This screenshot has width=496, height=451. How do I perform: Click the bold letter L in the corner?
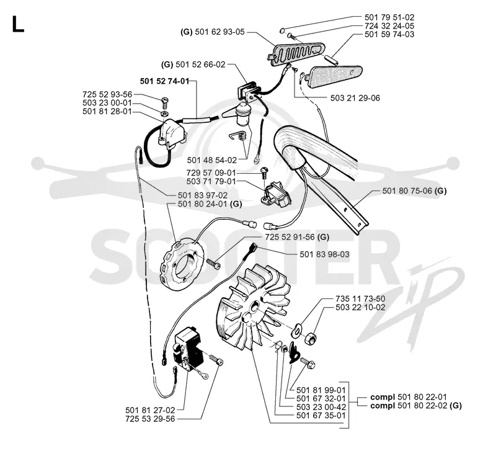pyautogui.click(x=18, y=24)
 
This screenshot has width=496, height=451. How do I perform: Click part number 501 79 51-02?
pyautogui.click(x=389, y=17)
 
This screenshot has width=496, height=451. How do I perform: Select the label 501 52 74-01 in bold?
pyautogui.click(x=164, y=81)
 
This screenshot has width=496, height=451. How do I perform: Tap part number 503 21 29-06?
pyautogui.click(x=355, y=98)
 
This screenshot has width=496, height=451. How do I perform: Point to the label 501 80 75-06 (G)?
pyautogui.click(x=414, y=191)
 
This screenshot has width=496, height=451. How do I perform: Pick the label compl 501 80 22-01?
pyautogui.click(x=409, y=397)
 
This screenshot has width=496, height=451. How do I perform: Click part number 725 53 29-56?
pyautogui.click(x=150, y=419)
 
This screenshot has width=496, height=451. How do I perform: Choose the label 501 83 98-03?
pyautogui.click(x=324, y=254)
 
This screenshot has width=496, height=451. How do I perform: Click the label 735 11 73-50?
pyautogui.click(x=360, y=299)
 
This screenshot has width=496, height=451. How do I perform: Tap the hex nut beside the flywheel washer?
pyautogui.click(x=311, y=338)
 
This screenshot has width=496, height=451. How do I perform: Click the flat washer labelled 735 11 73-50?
pyautogui.click(x=297, y=330)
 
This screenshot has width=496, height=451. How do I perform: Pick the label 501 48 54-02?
pyautogui.click(x=211, y=160)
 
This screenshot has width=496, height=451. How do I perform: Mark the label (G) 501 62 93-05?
pyautogui.click(x=213, y=32)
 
